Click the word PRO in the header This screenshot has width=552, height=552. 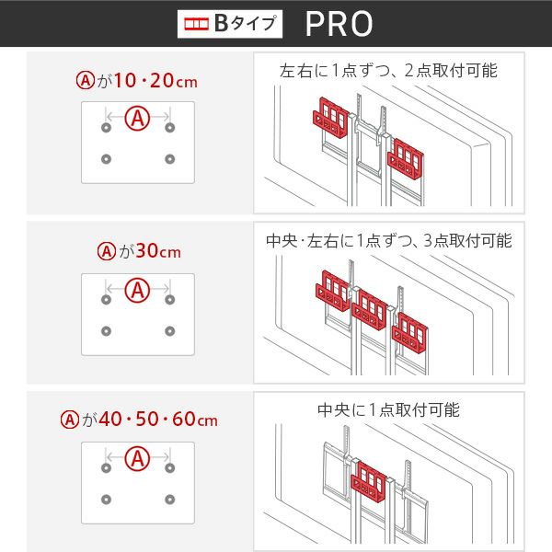(339, 24)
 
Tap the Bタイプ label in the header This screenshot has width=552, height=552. (245, 24)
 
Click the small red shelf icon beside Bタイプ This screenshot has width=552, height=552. (197, 24)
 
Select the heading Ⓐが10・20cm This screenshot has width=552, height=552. (136, 81)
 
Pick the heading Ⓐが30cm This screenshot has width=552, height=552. (139, 251)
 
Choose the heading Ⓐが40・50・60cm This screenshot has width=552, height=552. (139, 419)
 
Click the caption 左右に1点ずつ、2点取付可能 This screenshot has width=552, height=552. (388, 71)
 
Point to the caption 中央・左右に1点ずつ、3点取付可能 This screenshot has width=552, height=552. (388, 241)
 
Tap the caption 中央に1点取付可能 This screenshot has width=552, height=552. (388, 409)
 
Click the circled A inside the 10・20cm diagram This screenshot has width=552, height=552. (138, 119)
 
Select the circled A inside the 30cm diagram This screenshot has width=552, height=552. (138, 291)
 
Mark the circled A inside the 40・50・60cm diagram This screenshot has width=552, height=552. (138, 459)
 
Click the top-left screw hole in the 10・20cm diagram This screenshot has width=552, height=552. (107, 128)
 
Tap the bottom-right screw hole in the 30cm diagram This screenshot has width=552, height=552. (170, 331)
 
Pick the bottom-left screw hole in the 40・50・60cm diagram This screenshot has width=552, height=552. (107, 500)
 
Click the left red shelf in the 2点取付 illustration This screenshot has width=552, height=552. (331, 118)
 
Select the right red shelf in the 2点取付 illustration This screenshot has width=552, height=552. (406, 159)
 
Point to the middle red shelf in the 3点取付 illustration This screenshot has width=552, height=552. (369, 310)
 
